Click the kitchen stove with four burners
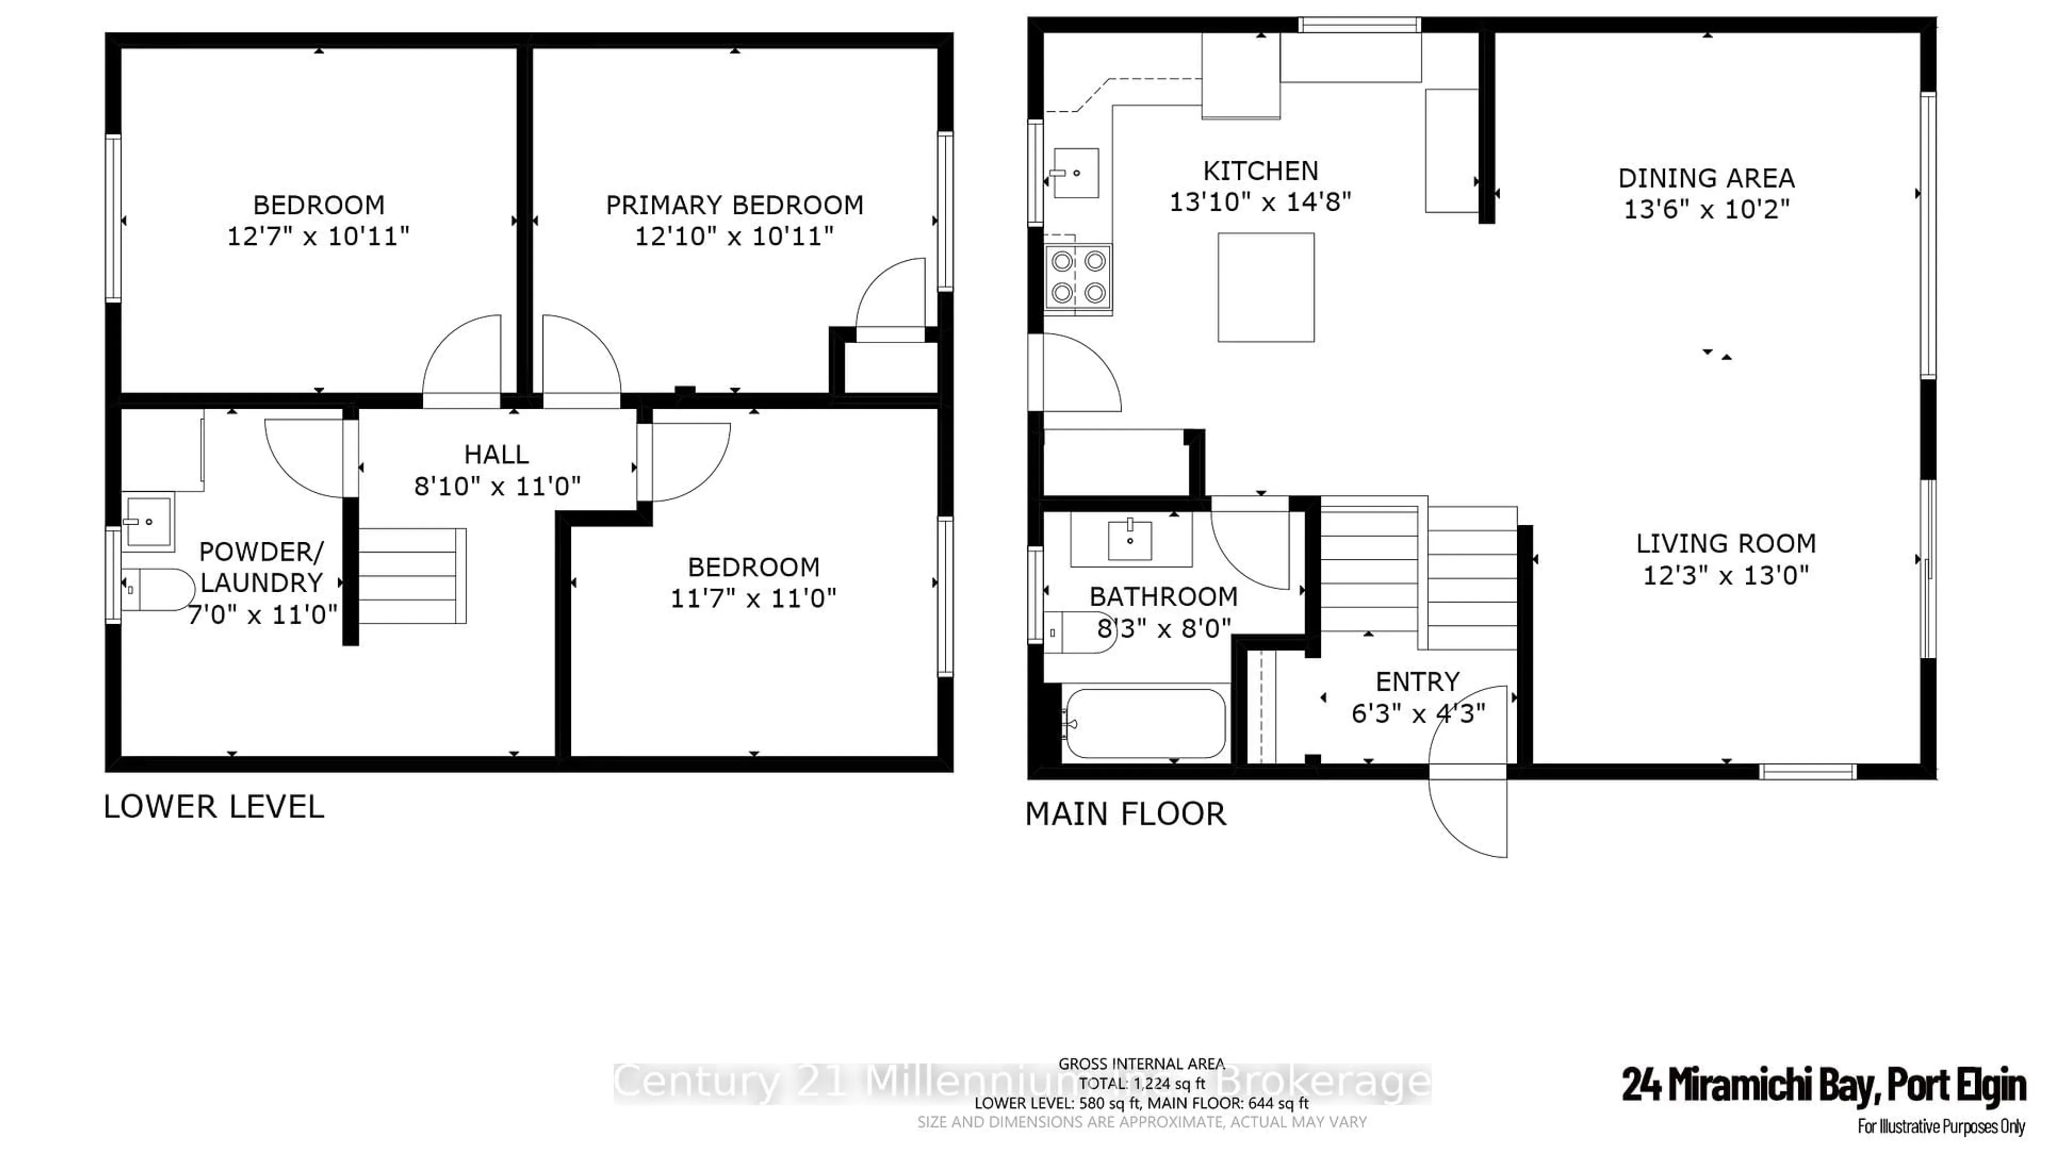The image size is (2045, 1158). click(1078, 278)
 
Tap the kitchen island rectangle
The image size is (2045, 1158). click(1265, 287)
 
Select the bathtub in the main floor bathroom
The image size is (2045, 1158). click(1145, 723)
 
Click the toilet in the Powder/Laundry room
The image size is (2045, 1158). click(158, 589)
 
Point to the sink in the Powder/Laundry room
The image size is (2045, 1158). click(148, 522)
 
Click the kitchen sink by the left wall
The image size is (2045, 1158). click(1076, 172)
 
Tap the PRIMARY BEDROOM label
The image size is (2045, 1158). click(734, 205)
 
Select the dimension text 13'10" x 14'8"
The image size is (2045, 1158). click(1259, 202)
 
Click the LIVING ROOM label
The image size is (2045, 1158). click(1725, 544)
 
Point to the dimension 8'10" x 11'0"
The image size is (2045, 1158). click(497, 486)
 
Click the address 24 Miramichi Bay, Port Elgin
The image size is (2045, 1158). click(1823, 1086)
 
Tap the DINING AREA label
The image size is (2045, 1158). click(1706, 178)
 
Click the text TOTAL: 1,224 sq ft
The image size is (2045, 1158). click(1142, 1083)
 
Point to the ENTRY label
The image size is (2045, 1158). click(1417, 682)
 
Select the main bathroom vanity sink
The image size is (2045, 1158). click(1130, 541)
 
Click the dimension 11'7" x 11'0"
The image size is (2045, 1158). click(752, 598)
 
